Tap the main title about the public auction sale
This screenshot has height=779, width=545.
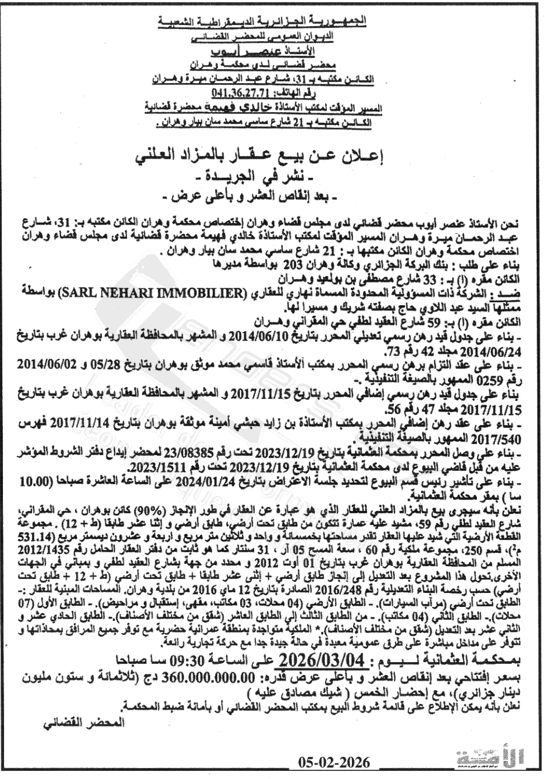(273, 156)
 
